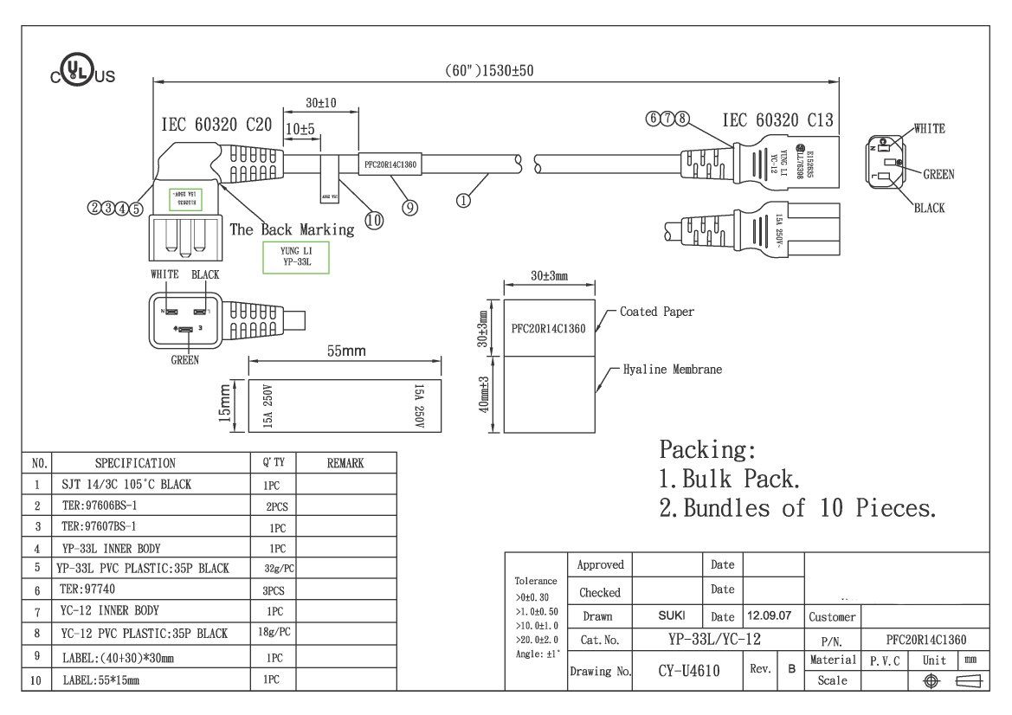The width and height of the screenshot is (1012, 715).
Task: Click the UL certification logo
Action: [x=81, y=74]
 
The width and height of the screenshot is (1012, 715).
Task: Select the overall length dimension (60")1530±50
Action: [x=489, y=71]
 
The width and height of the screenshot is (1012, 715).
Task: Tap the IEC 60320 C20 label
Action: [x=216, y=126]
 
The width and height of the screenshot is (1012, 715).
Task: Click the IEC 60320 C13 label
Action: [x=777, y=121]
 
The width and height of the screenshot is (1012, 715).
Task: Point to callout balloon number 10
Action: [x=374, y=220]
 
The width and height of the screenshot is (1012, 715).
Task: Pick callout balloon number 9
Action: [x=409, y=207]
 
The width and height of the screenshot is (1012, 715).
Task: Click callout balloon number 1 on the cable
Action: [x=463, y=201]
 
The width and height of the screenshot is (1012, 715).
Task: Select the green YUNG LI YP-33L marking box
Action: [x=296, y=257]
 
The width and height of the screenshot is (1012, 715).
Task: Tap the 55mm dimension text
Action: [x=345, y=351]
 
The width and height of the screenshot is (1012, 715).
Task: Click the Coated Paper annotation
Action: [x=656, y=312]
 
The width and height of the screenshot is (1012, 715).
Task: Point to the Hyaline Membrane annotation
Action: [x=672, y=370]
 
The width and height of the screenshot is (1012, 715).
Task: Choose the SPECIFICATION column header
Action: [x=135, y=463]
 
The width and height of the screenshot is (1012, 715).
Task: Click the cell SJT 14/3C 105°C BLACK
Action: [x=126, y=485]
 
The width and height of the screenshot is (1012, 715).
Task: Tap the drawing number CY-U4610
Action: [x=688, y=670]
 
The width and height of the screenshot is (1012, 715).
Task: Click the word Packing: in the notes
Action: [x=707, y=450]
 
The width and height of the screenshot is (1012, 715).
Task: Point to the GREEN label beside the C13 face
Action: [x=938, y=174]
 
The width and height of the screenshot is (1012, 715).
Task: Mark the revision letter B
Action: [x=791, y=670]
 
